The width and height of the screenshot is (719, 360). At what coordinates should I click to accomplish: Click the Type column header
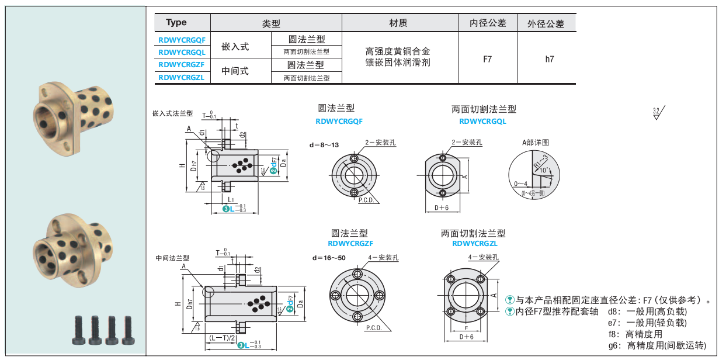click(x=176, y=23)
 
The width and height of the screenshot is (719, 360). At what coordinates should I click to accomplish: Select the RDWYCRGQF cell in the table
click(x=182, y=40)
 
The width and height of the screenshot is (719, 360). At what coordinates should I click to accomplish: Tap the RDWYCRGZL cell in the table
click(x=181, y=77)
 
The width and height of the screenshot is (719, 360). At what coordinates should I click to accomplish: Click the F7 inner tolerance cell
click(x=488, y=59)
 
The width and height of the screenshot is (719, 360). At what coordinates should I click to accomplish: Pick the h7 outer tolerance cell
click(x=549, y=59)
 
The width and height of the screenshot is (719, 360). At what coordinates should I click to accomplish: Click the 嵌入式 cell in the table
click(x=235, y=46)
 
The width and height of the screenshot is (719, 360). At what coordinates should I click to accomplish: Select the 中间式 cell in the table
click(x=235, y=71)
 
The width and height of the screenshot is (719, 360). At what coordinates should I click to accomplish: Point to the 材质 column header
click(x=398, y=23)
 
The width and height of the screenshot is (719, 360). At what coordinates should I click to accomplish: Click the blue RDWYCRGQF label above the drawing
click(x=339, y=122)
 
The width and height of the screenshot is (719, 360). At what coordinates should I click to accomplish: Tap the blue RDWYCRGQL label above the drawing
click(x=483, y=122)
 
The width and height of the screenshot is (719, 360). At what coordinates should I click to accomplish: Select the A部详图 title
click(x=536, y=143)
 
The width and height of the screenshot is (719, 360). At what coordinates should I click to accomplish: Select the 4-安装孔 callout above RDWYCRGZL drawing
click(x=482, y=257)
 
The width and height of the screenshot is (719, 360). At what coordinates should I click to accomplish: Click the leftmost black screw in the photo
click(x=80, y=330)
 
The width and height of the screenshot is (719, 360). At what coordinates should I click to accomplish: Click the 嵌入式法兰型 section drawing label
click(x=172, y=114)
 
